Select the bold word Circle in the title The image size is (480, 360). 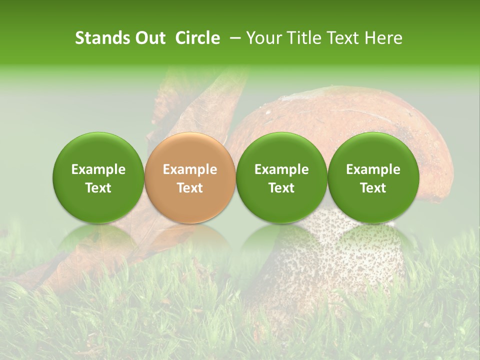197,38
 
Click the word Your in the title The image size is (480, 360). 262,38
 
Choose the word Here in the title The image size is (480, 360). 383,38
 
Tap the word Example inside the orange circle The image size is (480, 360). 189,169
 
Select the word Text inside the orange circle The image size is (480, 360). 189,188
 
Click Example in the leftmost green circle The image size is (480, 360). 98,169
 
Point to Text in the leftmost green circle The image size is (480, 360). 98,188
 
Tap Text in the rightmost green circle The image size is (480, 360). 373,188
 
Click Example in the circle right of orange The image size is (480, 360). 281,169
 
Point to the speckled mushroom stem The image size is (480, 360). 320,260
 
